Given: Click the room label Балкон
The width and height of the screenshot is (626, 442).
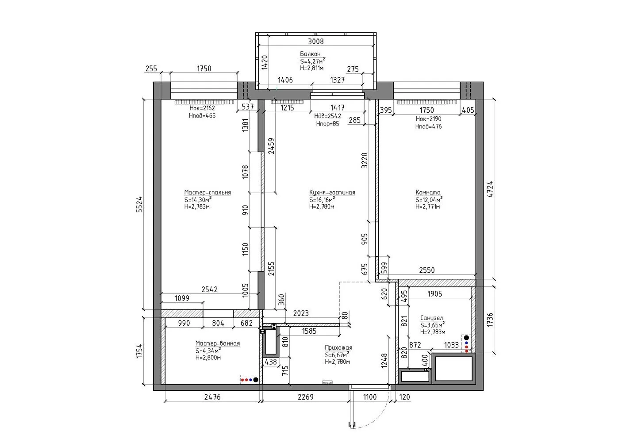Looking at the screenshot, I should (310, 54).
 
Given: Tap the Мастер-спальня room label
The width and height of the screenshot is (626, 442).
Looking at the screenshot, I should (207, 193).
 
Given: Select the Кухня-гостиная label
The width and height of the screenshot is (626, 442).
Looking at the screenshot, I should (332, 193).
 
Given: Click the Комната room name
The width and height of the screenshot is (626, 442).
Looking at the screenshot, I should (428, 193).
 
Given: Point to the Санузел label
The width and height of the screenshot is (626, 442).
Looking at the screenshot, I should (432, 318).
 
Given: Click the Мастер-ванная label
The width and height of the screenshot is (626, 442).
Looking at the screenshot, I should (218, 344).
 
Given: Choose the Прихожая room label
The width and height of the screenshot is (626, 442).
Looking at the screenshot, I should (338, 348).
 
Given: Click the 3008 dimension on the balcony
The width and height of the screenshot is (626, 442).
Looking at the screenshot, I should (315, 42).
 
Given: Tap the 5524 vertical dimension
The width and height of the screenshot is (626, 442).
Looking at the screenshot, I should (139, 204).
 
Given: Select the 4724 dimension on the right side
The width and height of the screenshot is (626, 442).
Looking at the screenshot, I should (490, 189).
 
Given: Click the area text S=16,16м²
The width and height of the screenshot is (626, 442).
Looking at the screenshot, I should (322, 200).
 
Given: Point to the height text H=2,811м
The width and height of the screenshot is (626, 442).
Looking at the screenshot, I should (311, 68).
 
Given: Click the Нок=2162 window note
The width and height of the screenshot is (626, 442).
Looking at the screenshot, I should (202, 108).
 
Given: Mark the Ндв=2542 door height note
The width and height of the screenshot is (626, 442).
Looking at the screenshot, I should (327, 116).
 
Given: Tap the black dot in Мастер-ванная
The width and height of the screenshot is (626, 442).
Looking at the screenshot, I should (256, 380).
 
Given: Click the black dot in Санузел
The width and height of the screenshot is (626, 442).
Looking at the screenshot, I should (466, 338).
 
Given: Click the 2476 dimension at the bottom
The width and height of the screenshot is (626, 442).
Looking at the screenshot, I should (212, 397).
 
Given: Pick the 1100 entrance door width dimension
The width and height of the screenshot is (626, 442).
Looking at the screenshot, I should (369, 397).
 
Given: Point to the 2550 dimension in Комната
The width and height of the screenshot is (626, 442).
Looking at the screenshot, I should (426, 270).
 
